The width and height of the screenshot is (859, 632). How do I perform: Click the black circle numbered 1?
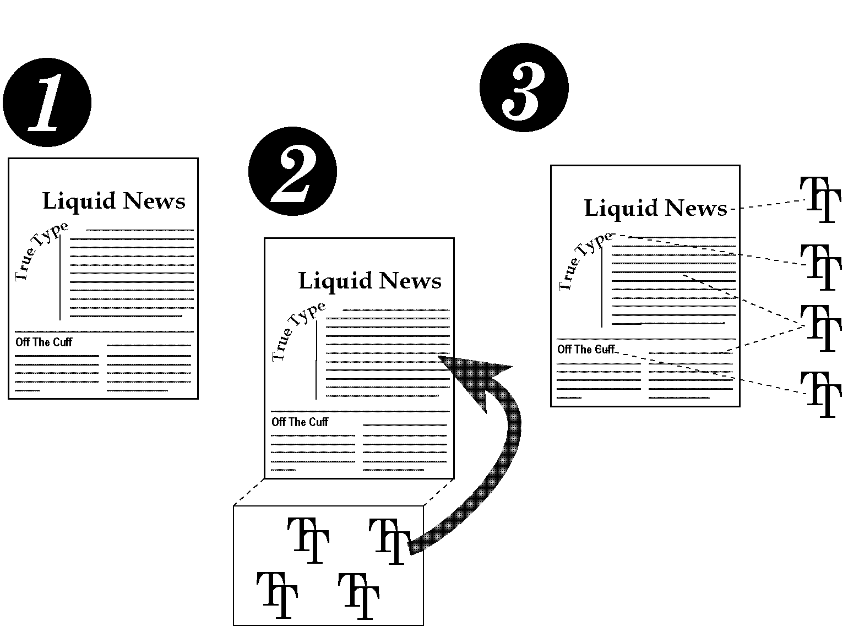coord(47,103)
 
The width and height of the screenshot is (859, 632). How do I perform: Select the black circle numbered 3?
coord(524,88)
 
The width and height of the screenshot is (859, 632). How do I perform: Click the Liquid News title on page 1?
coord(114,201)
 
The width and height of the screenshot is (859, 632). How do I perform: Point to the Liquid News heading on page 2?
coord(369,281)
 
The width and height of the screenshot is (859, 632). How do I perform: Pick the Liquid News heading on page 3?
coord(655,209)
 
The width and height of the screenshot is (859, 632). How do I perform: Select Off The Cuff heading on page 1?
coord(44,342)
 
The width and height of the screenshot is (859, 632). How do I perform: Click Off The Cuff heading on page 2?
coord(300,422)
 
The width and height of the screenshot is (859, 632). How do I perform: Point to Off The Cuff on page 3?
coord(585,350)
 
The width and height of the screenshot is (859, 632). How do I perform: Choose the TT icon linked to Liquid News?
coord(820,199)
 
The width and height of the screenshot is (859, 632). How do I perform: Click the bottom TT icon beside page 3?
coord(820,394)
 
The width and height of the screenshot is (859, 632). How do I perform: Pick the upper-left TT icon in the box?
coord(308,540)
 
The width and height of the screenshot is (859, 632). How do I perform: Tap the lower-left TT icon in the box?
coord(277,595)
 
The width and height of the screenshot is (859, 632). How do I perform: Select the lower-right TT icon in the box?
coord(358,596)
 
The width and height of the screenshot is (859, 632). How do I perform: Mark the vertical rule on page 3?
coord(602,287)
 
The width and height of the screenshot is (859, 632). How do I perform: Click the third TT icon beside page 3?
coord(820,328)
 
